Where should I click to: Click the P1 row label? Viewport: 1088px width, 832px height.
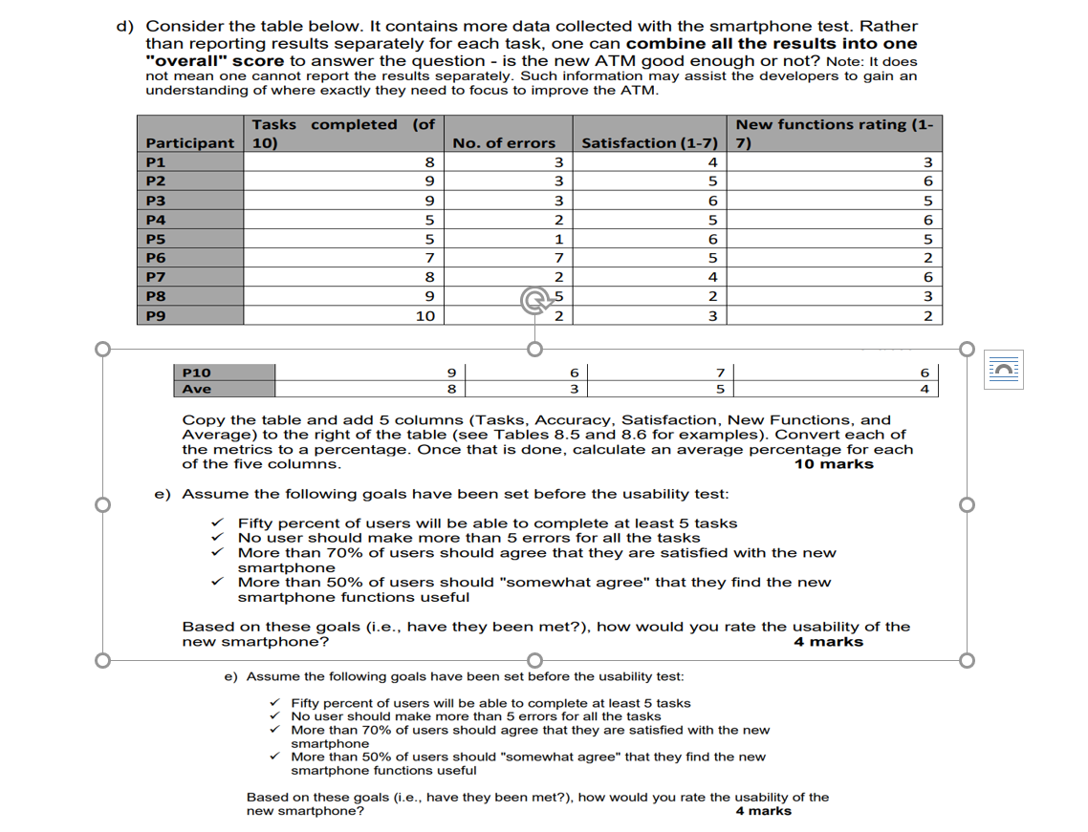click(x=155, y=162)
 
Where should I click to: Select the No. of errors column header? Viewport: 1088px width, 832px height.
click(x=504, y=143)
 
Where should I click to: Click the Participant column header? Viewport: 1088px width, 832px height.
click(x=189, y=143)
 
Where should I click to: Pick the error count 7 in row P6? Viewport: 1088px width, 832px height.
click(x=557, y=258)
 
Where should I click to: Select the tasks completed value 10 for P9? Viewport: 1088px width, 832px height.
click(x=425, y=316)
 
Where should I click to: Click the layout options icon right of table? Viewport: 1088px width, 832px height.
click(x=1005, y=369)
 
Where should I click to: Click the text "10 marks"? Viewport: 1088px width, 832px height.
click(x=834, y=464)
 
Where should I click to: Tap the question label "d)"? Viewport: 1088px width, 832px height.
click(x=124, y=27)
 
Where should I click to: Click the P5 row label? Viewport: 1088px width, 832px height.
click(x=155, y=239)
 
